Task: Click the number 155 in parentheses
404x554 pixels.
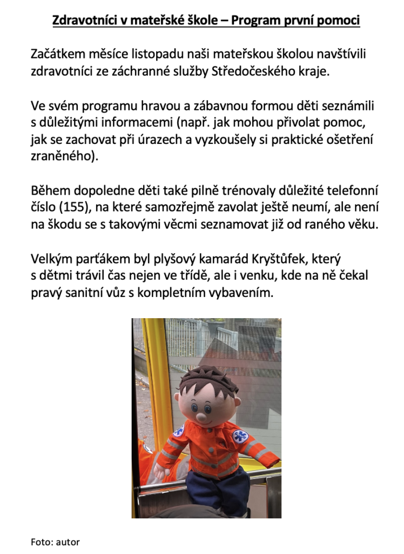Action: click(75, 207)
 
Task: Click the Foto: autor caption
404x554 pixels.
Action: click(55, 542)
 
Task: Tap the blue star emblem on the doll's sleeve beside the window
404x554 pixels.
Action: click(240, 436)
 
